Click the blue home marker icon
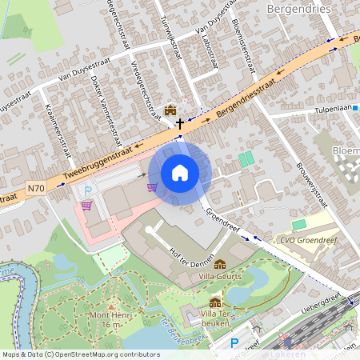(x=180, y=172)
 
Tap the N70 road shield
(x=35, y=189)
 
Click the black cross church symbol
(x=181, y=125)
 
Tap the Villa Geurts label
(x=220, y=278)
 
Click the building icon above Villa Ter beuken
(x=215, y=302)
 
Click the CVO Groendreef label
(x=308, y=237)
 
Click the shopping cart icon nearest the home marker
(x=151, y=187)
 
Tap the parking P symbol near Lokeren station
(x=234, y=343)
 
